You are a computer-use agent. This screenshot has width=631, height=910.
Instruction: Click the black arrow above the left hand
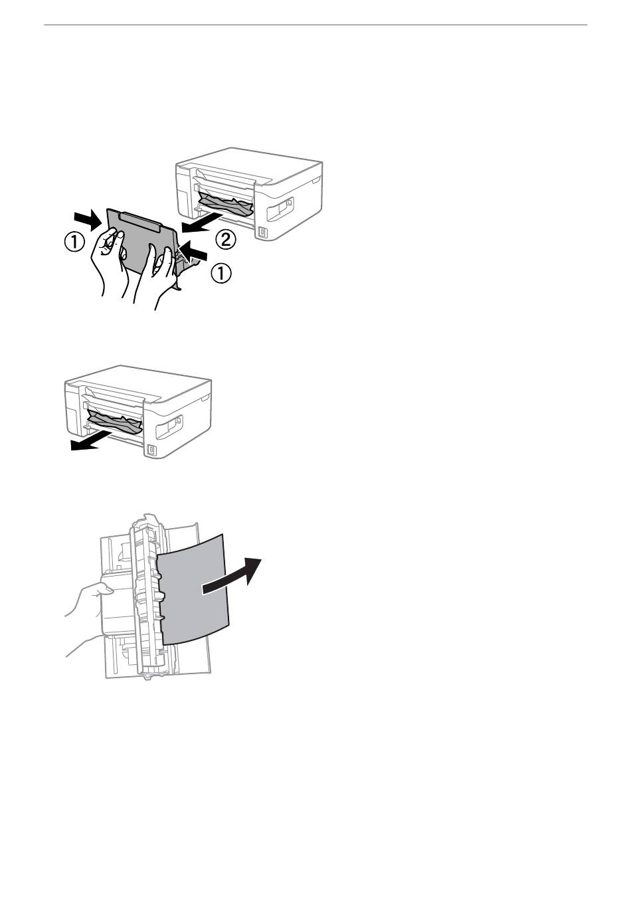88,219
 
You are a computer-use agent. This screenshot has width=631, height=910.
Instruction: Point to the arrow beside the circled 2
201,223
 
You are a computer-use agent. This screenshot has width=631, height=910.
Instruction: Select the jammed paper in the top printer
225,204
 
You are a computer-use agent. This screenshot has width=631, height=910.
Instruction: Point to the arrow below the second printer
91,441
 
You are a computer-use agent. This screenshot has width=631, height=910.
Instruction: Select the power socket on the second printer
151,450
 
